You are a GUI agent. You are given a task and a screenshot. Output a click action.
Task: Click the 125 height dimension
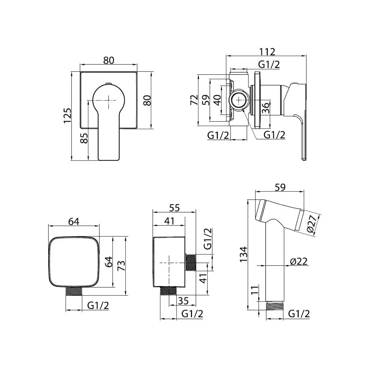[x=67, y=116]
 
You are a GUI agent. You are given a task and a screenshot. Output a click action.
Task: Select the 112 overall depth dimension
[x=267, y=52]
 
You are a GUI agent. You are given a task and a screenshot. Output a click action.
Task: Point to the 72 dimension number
[x=194, y=100]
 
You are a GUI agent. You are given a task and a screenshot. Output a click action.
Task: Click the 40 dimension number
[x=217, y=100]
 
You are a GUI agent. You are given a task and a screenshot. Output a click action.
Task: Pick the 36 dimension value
[x=266, y=108]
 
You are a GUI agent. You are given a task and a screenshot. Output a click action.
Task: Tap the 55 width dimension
[x=174, y=208]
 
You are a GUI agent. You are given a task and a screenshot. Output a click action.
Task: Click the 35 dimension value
[x=183, y=301]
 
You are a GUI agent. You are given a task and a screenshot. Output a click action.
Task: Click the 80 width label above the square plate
[x=109, y=60]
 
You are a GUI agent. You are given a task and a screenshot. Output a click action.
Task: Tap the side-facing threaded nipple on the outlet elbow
[x=191, y=263]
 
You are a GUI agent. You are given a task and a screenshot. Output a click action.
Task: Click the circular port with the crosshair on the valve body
[x=239, y=100]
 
